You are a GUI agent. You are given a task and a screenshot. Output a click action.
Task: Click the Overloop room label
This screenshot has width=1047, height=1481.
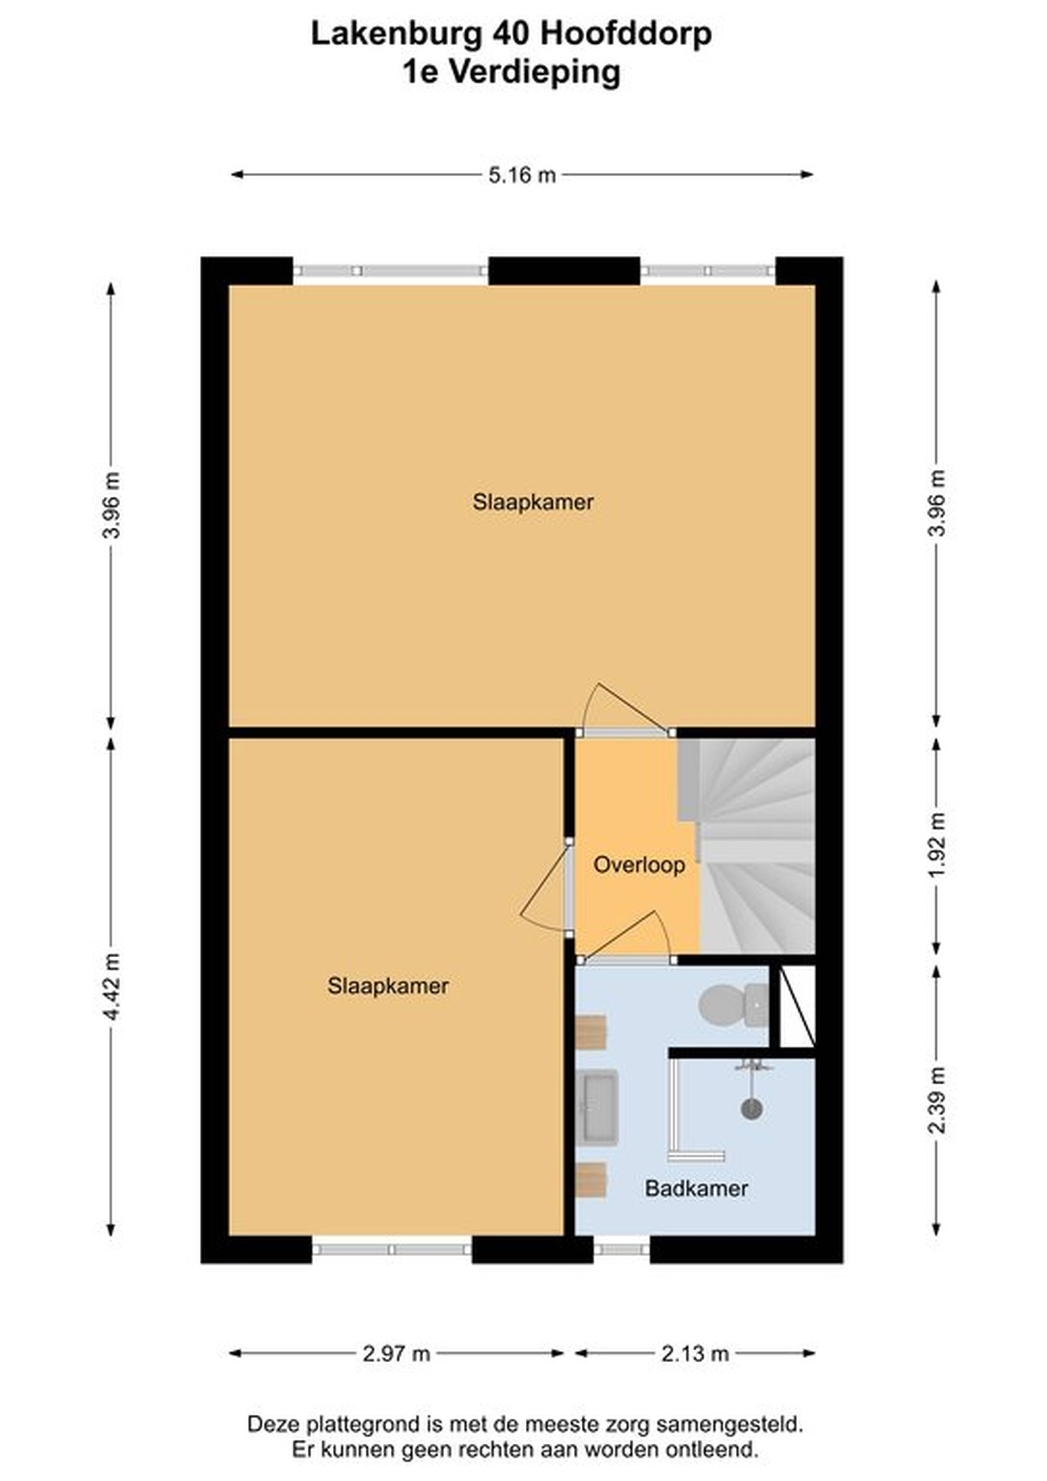(x=639, y=865)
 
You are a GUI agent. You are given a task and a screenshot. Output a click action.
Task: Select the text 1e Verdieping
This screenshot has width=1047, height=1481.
(x=512, y=72)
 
